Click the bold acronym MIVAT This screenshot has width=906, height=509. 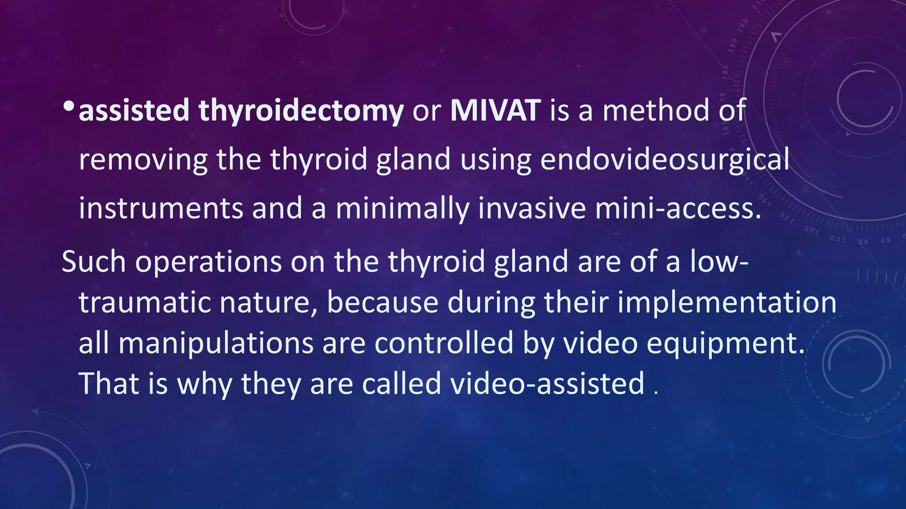tap(495, 110)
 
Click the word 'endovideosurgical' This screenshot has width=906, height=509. tap(664, 160)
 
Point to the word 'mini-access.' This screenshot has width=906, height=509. tap(678, 209)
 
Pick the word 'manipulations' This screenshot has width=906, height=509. tap(216, 344)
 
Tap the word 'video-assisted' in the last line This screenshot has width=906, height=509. tap(547, 383)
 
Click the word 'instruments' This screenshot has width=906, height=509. tap(161, 209)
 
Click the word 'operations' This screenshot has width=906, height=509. tap(208, 262)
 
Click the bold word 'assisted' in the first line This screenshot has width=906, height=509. tap(134, 110)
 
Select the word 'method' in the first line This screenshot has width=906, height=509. tap(656, 110)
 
